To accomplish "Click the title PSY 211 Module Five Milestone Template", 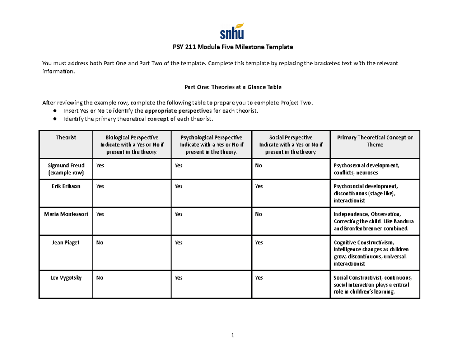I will pyautogui.click(x=233, y=47).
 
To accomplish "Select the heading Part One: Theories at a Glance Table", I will pyautogui.click(x=233, y=87).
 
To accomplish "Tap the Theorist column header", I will pyautogui.click(x=66, y=137).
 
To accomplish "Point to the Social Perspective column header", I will pyautogui.click(x=290, y=144).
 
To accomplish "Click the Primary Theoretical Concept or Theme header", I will pyautogui.click(x=375, y=141).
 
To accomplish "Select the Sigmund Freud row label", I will pyautogui.click(x=66, y=169).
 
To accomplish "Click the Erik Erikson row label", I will pyautogui.click(x=66, y=186).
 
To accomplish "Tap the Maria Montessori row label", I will pyautogui.click(x=66, y=214).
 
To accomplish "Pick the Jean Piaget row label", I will pyautogui.click(x=66, y=243).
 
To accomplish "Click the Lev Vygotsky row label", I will pyautogui.click(x=66, y=278).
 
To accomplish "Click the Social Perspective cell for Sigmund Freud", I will pyautogui.click(x=258, y=165).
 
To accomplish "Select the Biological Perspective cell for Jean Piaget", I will pyautogui.click(x=100, y=243).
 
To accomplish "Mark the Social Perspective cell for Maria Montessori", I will pyautogui.click(x=258, y=214).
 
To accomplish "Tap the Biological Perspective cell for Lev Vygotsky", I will pyautogui.click(x=100, y=278).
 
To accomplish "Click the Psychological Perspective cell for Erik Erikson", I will pyautogui.click(x=179, y=186).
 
